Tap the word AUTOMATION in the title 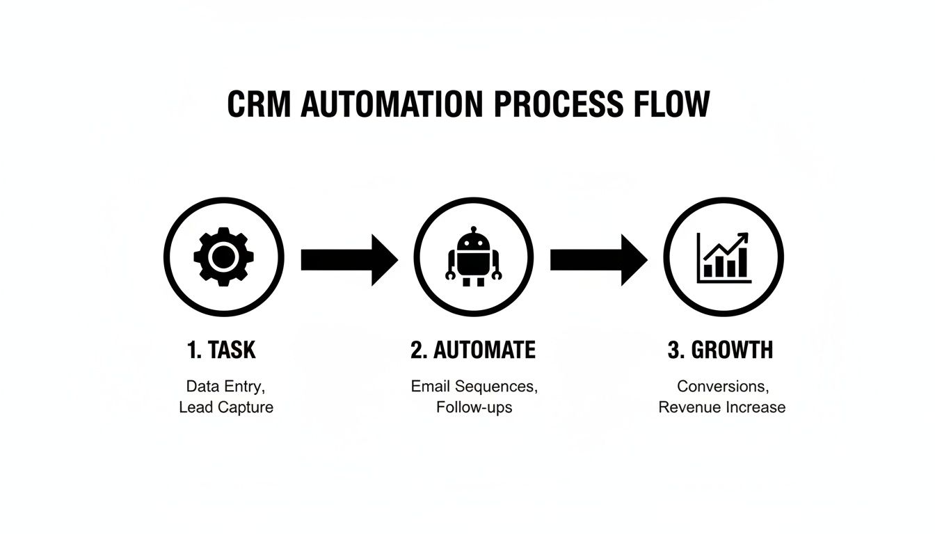391,104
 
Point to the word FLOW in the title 672,104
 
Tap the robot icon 474,257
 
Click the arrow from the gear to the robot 349,260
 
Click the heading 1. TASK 221,350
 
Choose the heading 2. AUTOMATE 473,350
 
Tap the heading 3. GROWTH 720,350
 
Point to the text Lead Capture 226,407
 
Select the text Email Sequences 474,385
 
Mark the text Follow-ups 474,407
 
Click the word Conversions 722,385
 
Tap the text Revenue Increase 722,407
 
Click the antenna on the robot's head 474,229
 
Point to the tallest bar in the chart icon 742,262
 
